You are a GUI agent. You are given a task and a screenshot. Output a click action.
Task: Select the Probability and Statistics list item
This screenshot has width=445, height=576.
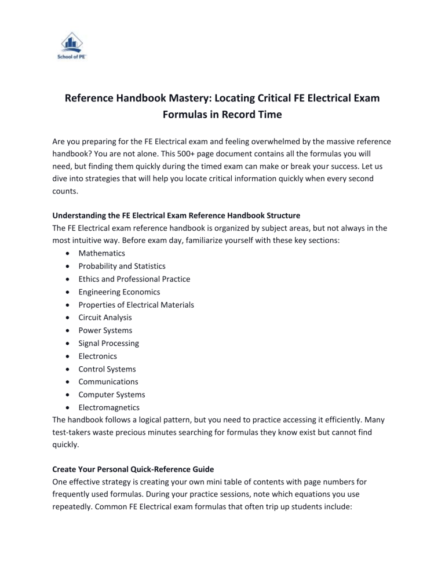(122, 266)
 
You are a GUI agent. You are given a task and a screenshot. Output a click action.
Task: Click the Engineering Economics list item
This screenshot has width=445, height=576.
(119, 291)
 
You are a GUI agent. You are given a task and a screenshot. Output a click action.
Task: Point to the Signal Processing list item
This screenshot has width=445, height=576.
(109, 343)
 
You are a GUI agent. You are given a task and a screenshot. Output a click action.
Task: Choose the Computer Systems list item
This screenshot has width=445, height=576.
(112, 394)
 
